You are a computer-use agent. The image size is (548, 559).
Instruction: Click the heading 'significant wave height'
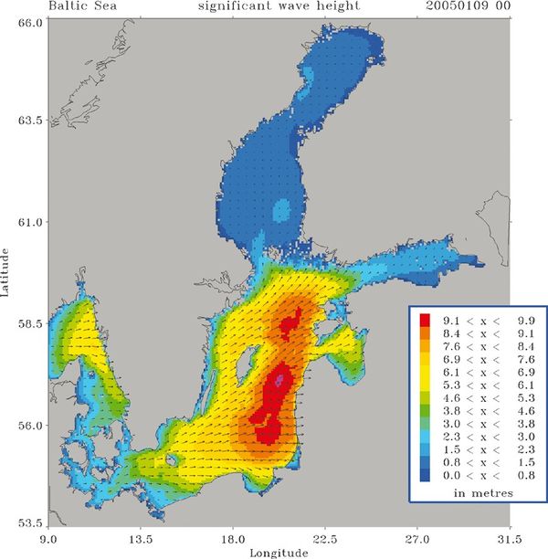(x=274, y=6)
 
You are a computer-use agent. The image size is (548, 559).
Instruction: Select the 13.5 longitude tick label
(x=140, y=539)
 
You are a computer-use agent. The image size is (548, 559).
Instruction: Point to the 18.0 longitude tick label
(x=233, y=539)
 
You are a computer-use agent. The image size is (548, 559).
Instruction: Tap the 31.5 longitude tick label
(x=509, y=539)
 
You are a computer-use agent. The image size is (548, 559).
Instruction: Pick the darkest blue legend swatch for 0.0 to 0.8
(x=424, y=476)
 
